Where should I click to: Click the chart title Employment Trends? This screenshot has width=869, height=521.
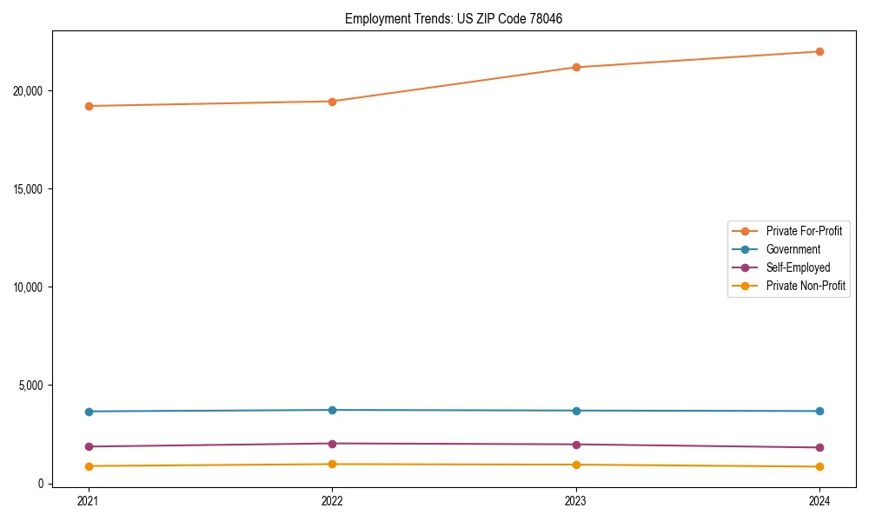pyautogui.click(x=454, y=18)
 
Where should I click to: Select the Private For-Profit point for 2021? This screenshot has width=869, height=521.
pyautogui.click(x=89, y=106)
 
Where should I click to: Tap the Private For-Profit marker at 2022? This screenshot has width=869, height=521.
pyautogui.click(x=332, y=102)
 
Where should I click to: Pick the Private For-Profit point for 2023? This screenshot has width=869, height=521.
pyautogui.click(x=576, y=67)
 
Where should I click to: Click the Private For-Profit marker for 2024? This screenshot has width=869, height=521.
pyautogui.click(x=819, y=51)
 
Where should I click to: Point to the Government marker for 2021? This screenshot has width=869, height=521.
pyautogui.click(x=89, y=412)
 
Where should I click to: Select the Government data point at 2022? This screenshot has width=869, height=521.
pyautogui.click(x=332, y=410)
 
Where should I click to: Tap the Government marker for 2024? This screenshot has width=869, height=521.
pyautogui.click(x=819, y=411)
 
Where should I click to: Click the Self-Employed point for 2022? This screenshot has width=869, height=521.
pyautogui.click(x=332, y=444)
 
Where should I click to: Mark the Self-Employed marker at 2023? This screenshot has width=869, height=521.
pyautogui.click(x=576, y=445)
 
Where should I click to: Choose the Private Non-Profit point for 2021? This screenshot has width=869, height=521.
pyautogui.click(x=89, y=466)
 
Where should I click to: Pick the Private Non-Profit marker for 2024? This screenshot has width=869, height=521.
pyautogui.click(x=819, y=467)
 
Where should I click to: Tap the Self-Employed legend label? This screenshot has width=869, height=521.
pyautogui.click(x=798, y=267)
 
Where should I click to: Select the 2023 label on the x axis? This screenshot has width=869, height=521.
pyautogui.click(x=576, y=500)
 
